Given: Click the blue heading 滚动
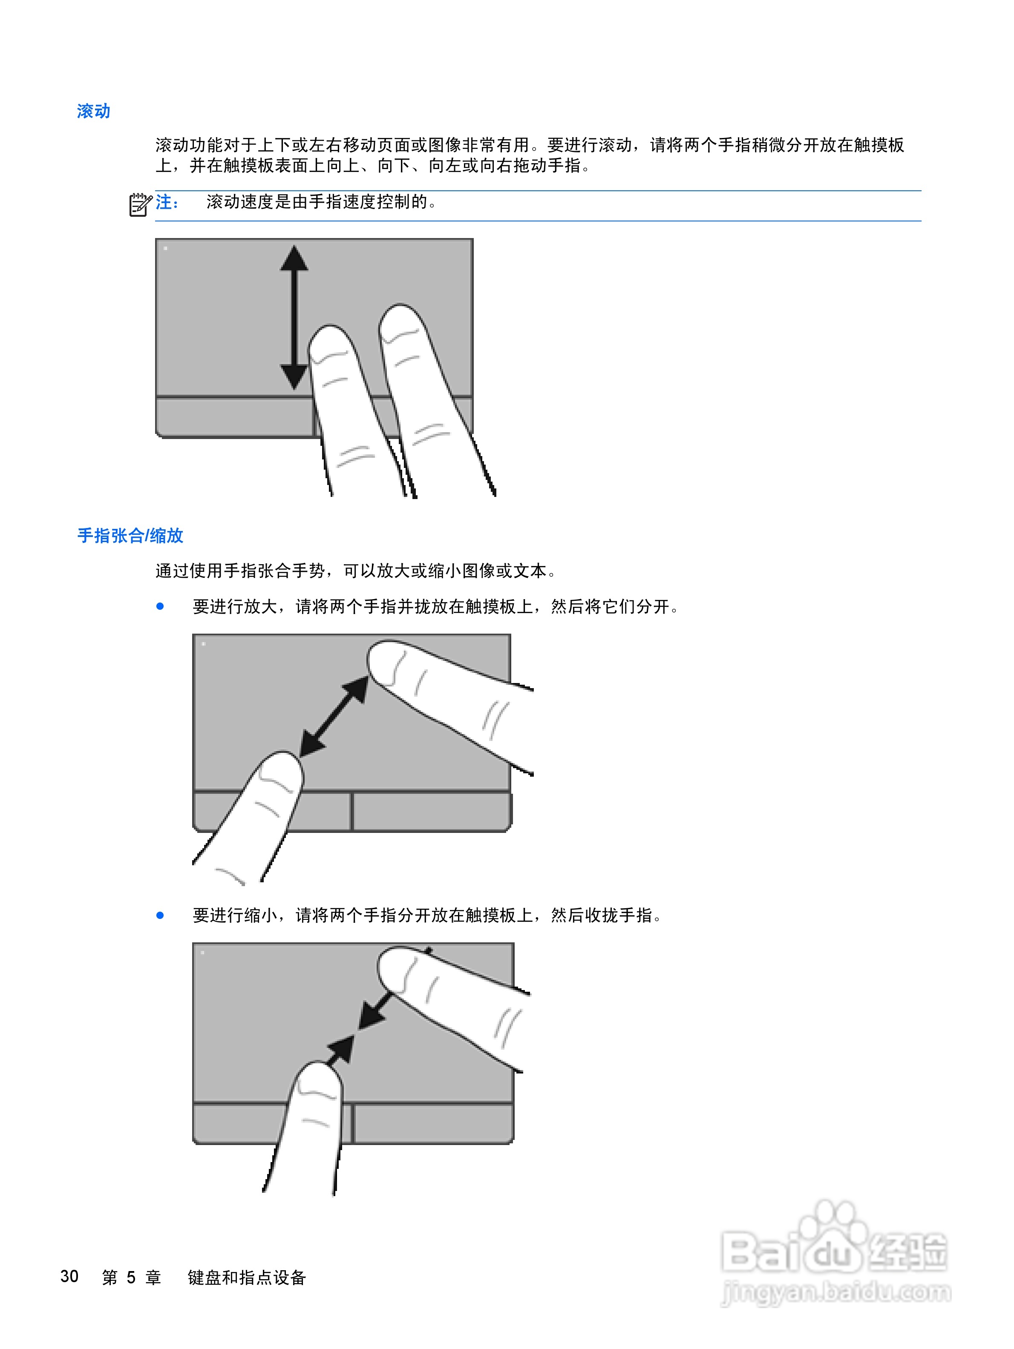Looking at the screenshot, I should click(93, 111).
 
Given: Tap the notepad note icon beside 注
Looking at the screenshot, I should click(140, 204).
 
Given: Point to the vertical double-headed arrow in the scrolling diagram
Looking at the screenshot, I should click(294, 317).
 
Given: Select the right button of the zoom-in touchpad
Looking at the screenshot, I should click(431, 811).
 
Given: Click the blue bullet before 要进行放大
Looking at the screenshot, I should click(160, 606).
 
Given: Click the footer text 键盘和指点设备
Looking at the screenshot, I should click(247, 1277).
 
